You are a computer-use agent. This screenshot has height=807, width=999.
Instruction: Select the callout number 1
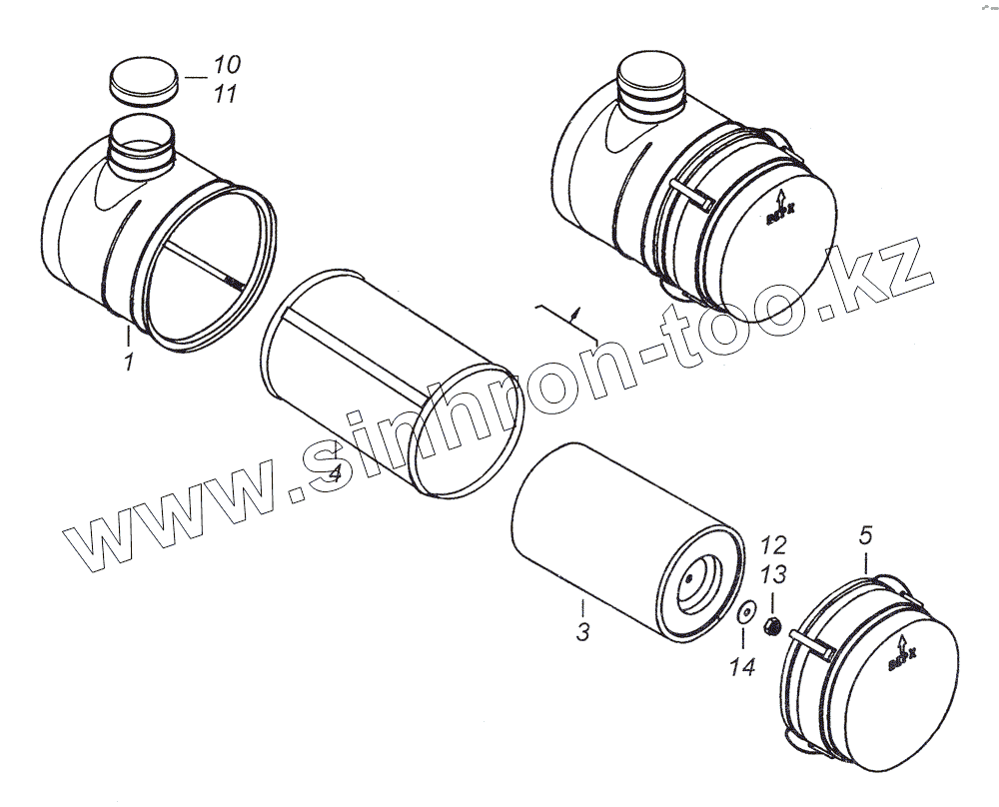pos(129,363)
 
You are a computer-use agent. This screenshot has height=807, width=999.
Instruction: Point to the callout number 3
pos(583,631)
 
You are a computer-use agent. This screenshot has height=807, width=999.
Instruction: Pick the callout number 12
pos(773,545)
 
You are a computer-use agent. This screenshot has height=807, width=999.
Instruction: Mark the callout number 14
pos(740,668)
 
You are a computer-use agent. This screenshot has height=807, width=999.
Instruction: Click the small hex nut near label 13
pos(771,627)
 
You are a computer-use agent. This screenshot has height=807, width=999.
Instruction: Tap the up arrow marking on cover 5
pos(902,644)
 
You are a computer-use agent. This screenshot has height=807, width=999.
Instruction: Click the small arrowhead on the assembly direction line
pos(575,313)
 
